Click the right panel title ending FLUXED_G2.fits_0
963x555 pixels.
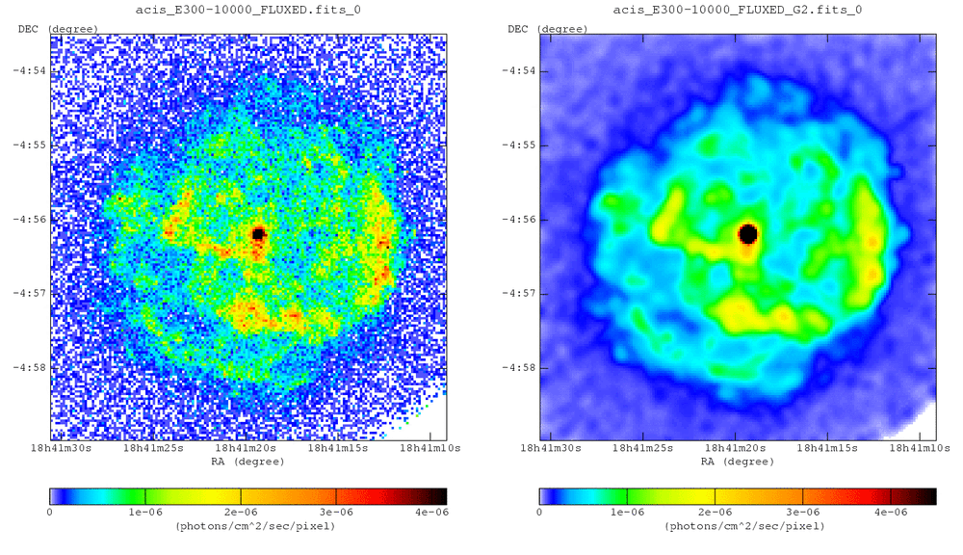point(738,10)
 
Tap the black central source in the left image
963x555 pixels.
point(258,233)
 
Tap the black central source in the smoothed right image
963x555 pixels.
point(748,233)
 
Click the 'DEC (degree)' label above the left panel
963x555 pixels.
point(59,28)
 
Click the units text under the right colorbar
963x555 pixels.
point(738,527)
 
